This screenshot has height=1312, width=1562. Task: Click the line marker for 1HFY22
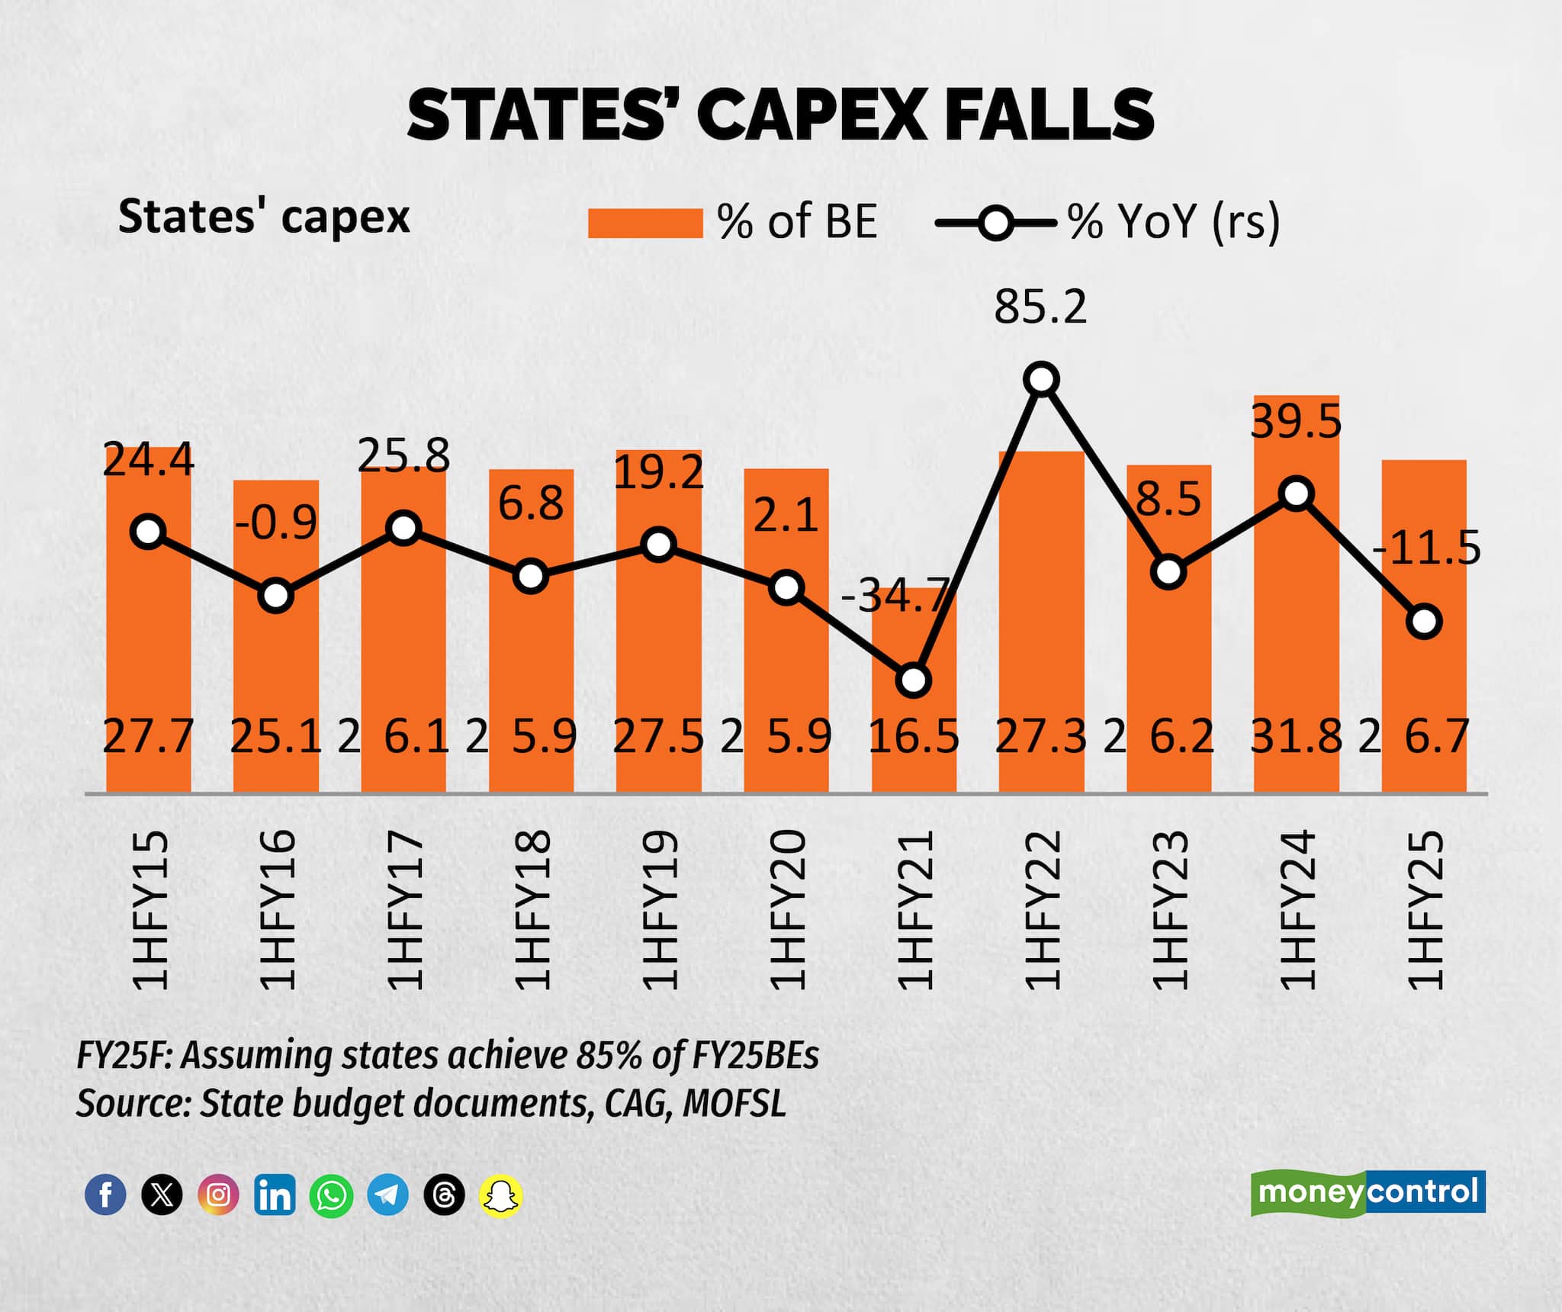coord(1042,379)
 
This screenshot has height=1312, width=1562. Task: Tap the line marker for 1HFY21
coord(914,680)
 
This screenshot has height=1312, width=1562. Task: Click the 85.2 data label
coord(1040,307)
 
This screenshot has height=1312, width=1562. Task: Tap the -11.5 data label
coord(1426,548)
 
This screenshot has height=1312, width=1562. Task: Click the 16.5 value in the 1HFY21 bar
coord(914,737)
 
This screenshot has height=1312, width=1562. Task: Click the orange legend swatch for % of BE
coord(644,223)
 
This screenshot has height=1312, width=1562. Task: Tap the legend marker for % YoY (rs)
coord(995,223)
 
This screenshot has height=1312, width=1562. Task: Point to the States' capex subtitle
coord(264,217)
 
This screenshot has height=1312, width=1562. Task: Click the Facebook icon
coord(105,1195)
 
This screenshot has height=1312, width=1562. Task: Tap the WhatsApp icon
coord(331,1195)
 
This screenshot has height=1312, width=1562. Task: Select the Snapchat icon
coord(500,1195)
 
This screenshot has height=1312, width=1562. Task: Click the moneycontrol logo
coord(1368,1192)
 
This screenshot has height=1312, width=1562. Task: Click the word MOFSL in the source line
coord(734,1104)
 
